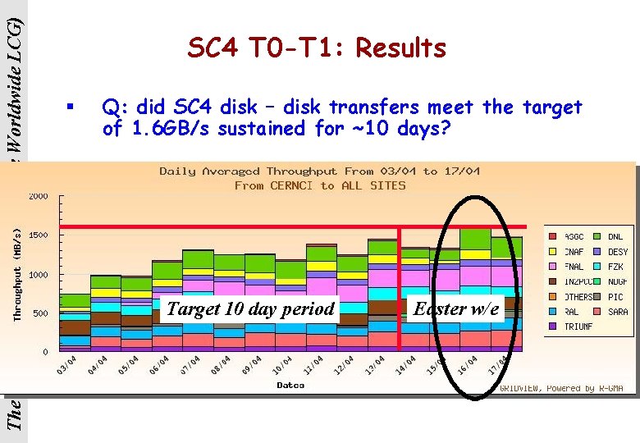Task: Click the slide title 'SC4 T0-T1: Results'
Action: pyautogui.click(x=317, y=48)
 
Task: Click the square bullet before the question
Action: pyautogui.click(x=71, y=107)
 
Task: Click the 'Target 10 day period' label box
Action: pyautogui.click(x=250, y=308)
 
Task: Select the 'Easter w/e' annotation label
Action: pyautogui.click(x=456, y=308)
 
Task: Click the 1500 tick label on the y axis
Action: pyautogui.click(x=39, y=235)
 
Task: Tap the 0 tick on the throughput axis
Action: pyautogui.click(x=44, y=352)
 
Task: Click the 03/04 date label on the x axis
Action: pyautogui.click(x=67, y=365)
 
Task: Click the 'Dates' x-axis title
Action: pyautogui.click(x=290, y=385)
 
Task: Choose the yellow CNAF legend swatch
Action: pyautogui.click(x=552, y=252)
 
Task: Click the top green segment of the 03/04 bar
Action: pyautogui.click(x=75, y=300)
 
